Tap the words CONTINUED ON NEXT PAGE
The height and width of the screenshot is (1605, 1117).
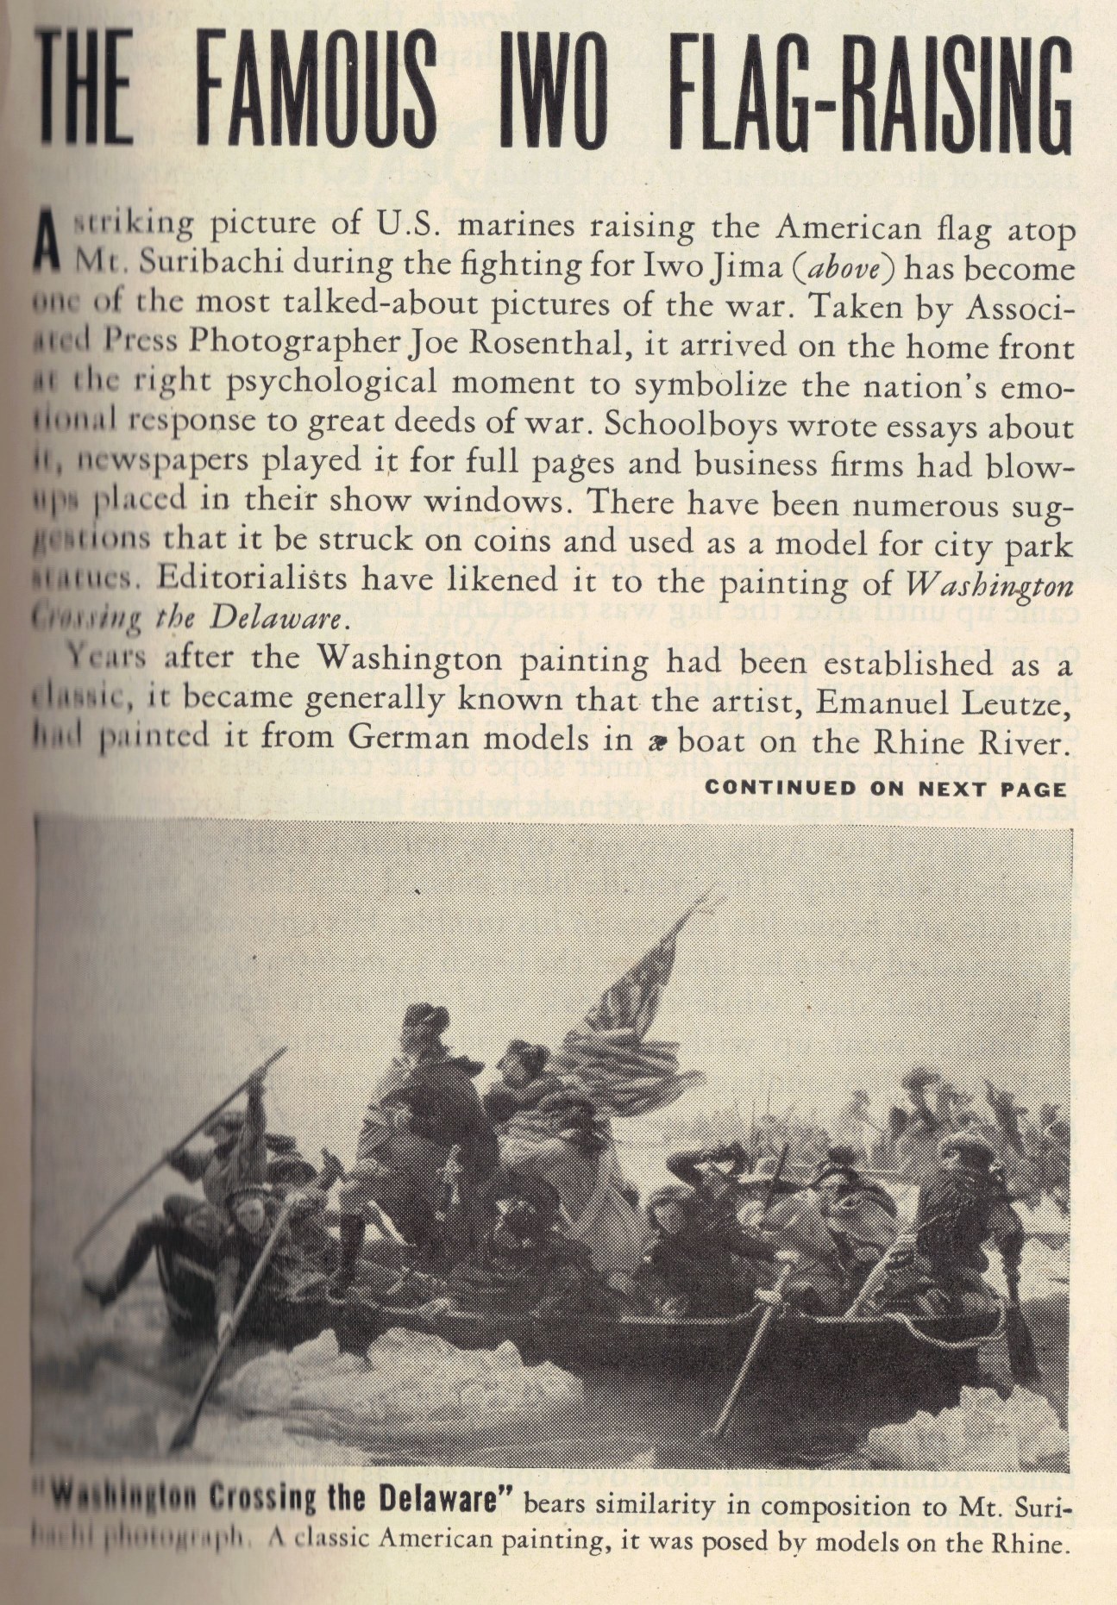(x=886, y=788)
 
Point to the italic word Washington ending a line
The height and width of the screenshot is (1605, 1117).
(x=991, y=587)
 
